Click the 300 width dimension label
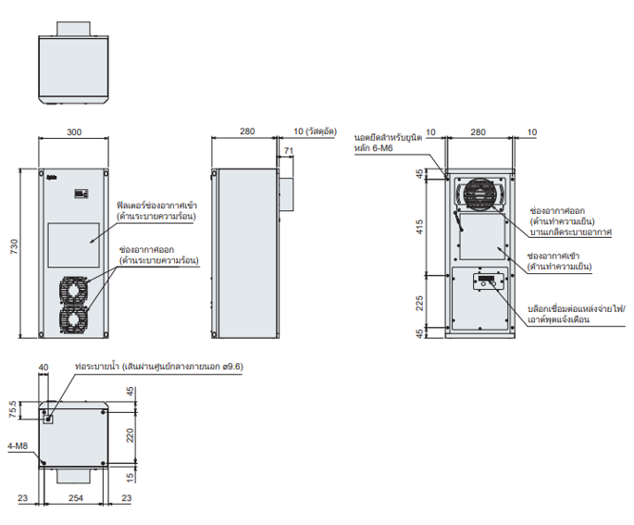point(73,131)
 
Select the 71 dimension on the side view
point(289,150)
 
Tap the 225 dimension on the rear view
point(418,301)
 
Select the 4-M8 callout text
point(16,447)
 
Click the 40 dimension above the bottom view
point(43,367)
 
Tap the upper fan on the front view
point(73,290)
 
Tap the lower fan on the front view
point(73,319)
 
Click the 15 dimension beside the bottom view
point(130,475)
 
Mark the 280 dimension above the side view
point(247,131)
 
